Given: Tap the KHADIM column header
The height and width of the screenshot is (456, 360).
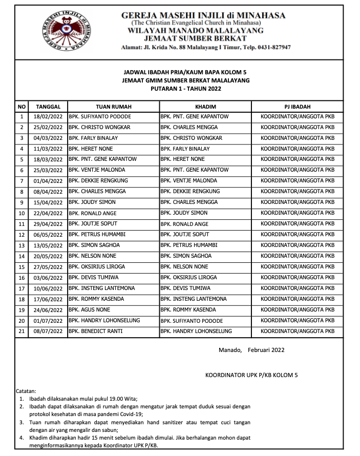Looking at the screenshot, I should click(x=205, y=107).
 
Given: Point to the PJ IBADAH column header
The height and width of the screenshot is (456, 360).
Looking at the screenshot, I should click(x=297, y=107).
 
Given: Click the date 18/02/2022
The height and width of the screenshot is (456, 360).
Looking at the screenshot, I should click(x=48, y=117).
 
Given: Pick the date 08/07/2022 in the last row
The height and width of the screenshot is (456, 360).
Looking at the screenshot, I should click(x=48, y=331).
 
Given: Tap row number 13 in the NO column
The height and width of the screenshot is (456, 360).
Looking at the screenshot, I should click(x=22, y=245).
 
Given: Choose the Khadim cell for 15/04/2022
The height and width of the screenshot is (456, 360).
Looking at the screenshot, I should click(x=189, y=202).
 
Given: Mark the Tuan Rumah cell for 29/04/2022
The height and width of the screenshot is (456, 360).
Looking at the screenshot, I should click(x=93, y=224).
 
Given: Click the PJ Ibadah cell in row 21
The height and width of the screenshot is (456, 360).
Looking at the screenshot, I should click(x=297, y=331).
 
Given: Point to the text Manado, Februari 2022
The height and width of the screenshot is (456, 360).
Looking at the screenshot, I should click(x=251, y=350).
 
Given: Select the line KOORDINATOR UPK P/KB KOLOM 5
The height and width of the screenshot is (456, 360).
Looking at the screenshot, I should click(x=251, y=375).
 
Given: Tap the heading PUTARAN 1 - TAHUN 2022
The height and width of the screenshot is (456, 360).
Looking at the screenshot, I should click(x=186, y=89).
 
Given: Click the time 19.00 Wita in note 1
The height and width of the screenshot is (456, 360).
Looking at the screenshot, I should click(x=121, y=398).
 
